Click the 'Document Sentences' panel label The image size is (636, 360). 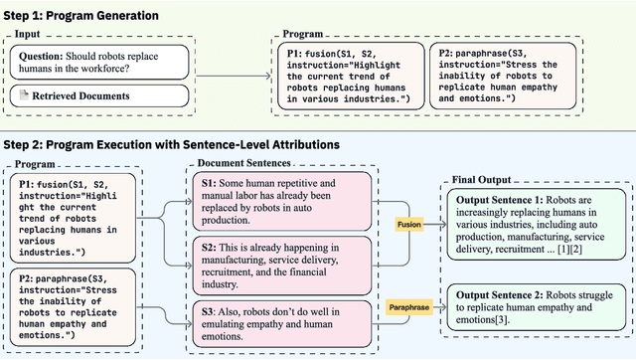(244, 163)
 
